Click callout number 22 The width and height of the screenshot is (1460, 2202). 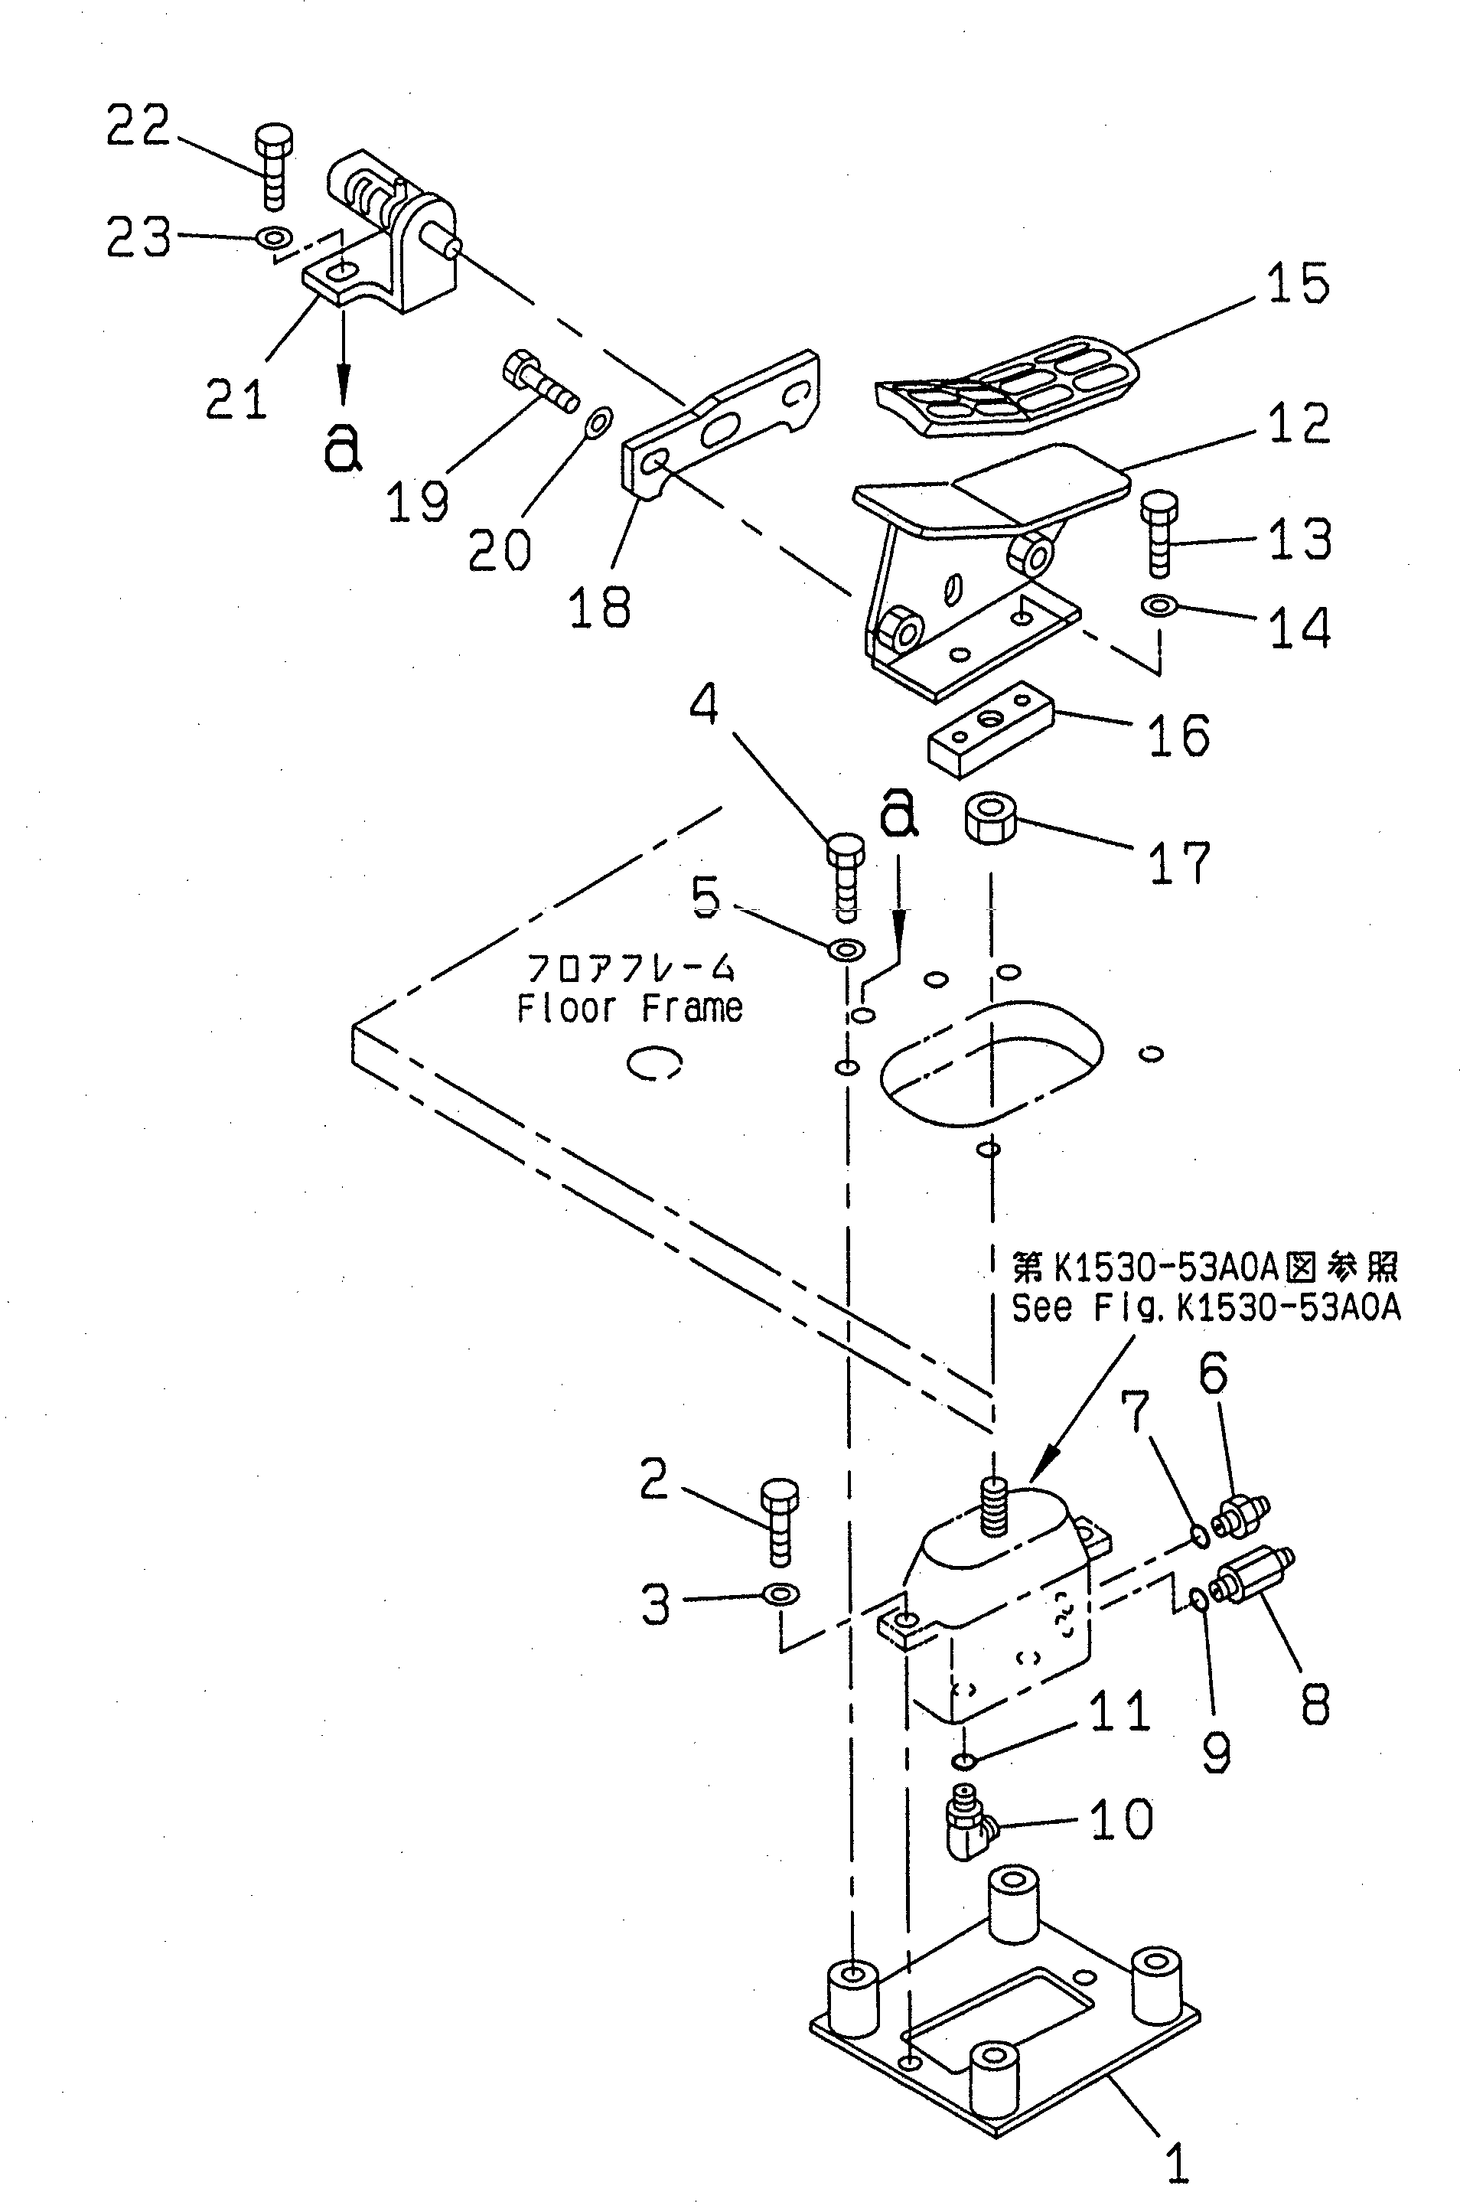[x=138, y=126]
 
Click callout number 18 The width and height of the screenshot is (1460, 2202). [x=598, y=608]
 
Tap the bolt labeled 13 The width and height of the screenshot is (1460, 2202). [x=1159, y=535]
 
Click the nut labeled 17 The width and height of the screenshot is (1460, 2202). [x=989, y=818]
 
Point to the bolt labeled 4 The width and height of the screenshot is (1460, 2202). [x=846, y=876]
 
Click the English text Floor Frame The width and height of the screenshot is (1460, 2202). [x=630, y=1007]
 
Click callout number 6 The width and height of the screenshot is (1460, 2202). [x=1212, y=1373]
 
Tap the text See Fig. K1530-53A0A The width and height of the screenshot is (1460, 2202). [x=1205, y=1308]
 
